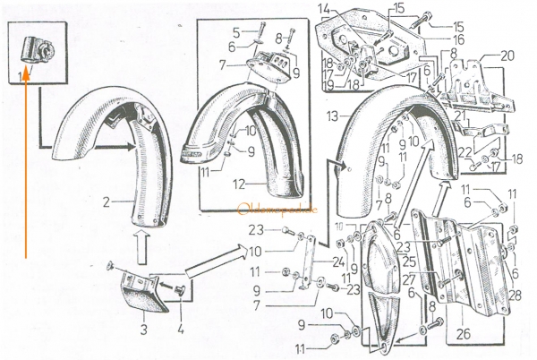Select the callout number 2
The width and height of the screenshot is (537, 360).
coord(107,202)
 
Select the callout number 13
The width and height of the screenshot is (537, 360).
coord(333,116)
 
